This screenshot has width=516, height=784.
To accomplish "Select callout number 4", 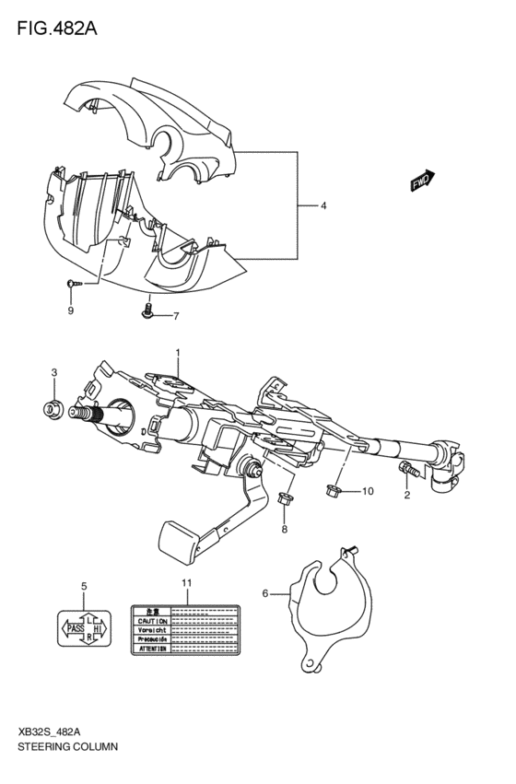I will pos(322,206).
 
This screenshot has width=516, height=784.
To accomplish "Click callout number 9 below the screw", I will pos(70,311).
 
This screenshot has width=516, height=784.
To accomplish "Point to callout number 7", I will pos(175,317).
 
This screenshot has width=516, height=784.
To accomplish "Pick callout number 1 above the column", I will pos(178,352).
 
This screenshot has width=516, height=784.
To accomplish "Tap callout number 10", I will pos(368,491).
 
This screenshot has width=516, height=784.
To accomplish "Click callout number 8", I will pos(284,529).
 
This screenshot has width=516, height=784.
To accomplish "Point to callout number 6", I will pos(265,594).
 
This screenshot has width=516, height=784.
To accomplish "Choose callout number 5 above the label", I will pos(83,586).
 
